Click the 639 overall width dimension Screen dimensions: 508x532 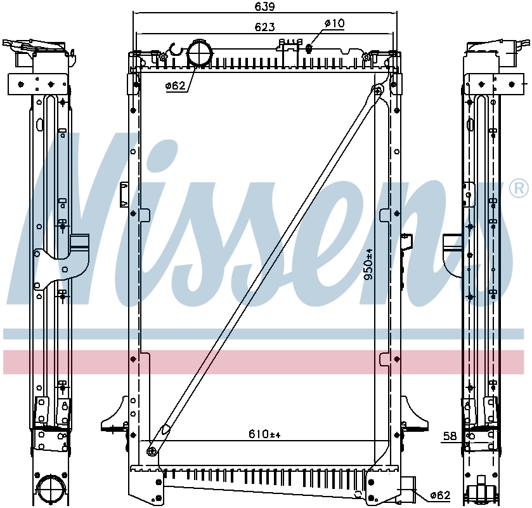[265, 7]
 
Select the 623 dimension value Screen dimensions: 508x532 [265, 27]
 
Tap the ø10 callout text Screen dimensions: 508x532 [334, 23]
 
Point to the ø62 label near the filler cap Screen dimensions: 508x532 [176, 86]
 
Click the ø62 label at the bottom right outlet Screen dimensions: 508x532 [439, 495]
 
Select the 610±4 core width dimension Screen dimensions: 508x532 [264, 434]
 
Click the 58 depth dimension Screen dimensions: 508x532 [450, 436]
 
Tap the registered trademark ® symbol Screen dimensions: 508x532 [518, 188]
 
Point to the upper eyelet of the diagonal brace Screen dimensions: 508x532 [379, 90]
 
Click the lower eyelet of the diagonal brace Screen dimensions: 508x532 [152, 451]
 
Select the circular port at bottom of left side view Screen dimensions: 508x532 [49, 490]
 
